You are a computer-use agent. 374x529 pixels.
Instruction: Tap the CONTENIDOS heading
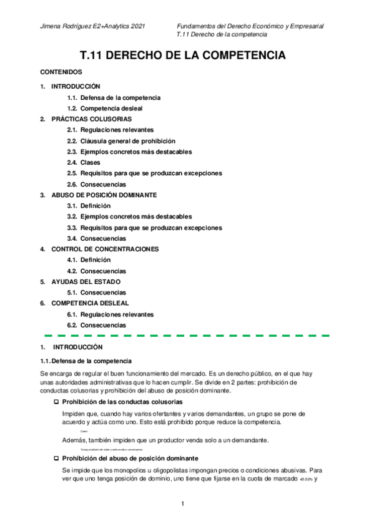(61, 72)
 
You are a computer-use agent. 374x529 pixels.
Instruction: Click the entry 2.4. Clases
(83, 162)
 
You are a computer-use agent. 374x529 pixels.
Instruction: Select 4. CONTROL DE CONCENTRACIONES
(100, 249)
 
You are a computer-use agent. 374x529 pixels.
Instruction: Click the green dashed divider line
(187, 335)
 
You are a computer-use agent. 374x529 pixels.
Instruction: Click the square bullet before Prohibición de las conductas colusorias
(57, 402)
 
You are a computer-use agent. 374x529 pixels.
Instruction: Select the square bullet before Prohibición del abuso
(57, 457)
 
